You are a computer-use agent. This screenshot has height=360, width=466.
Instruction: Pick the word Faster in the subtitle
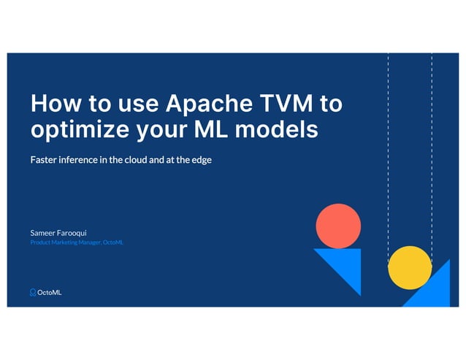[45, 159]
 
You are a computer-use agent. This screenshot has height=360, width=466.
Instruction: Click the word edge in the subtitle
[202, 159]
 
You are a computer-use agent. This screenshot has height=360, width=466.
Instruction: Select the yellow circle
[410, 267]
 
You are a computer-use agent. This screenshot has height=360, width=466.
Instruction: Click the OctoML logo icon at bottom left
[33, 292]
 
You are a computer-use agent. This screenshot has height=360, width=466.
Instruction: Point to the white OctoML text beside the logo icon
[50, 292]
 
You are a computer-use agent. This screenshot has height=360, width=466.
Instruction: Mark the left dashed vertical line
[388, 146]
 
